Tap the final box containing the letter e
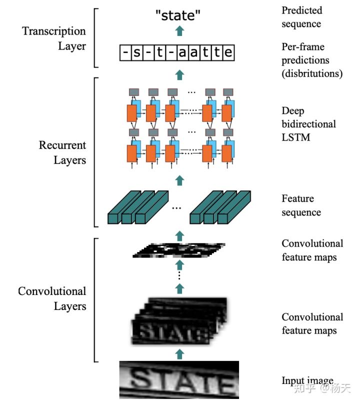[x=228, y=52]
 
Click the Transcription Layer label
[x=54, y=38]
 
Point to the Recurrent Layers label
[x=62, y=152]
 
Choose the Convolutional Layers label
[x=52, y=298]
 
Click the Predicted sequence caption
[x=301, y=17]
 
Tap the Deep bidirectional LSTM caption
[x=308, y=123]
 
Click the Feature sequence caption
[x=301, y=205]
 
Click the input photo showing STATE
[x=178, y=381]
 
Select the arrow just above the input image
[x=180, y=354]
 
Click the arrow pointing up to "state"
[x=180, y=31]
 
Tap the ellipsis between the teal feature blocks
[x=176, y=208]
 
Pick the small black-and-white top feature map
[x=179, y=249]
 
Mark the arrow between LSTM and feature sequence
[x=180, y=179]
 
